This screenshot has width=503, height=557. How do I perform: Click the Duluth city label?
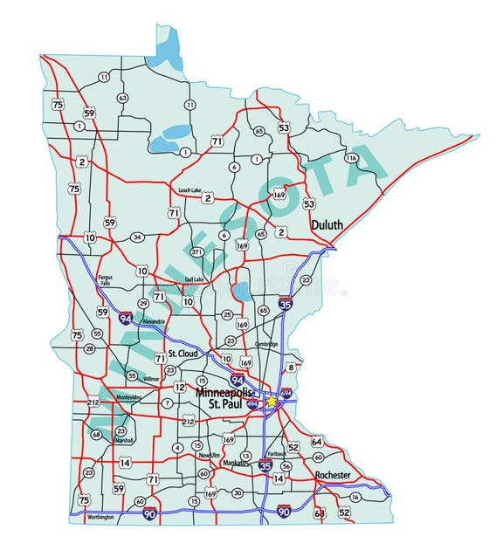[x=326, y=225]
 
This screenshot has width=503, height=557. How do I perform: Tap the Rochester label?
[x=332, y=475]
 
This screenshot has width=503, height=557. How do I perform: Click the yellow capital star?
[x=272, y=401]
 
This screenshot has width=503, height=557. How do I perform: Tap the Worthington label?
[x=100, y=518]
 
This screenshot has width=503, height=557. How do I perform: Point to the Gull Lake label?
[x=193, y=279]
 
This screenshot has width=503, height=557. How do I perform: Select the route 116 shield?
[x=351, y=158]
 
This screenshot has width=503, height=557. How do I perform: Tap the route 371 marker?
[x=196, y=252]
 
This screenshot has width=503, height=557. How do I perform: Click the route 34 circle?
[x=136, y=237]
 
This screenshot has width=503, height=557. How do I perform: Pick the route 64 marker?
[x=316, y=442]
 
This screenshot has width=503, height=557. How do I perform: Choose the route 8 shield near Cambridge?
[x=292, y=368]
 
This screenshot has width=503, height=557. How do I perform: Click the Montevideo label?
[x=129, y=397]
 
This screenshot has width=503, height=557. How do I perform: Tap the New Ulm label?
[x=209, y=456]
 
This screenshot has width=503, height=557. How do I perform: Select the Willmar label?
[x=151, y=379]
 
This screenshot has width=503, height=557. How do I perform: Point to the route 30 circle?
[x=238, y=493]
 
